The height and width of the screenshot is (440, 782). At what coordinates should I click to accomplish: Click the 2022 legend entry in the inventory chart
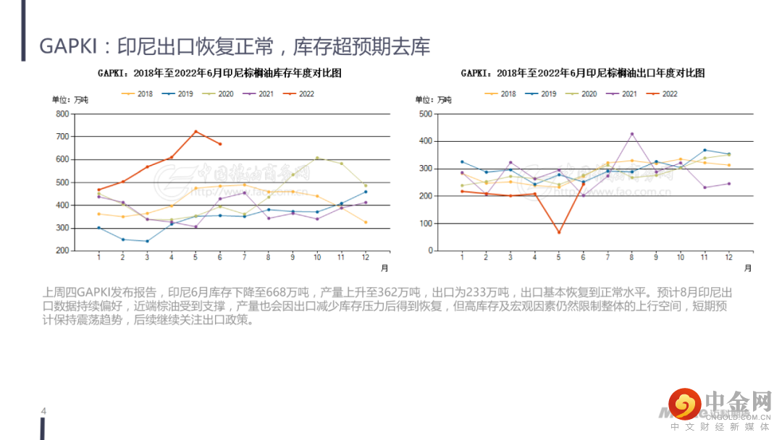point(299,94)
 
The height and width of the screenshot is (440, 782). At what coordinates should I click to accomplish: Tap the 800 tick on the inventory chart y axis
point(62,114)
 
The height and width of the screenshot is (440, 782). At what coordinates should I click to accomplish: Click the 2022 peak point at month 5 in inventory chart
point(195,132)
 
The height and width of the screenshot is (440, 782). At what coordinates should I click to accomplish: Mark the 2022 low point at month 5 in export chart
point(559,232)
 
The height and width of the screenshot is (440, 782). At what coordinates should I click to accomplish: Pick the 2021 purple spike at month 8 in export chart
point(631,134)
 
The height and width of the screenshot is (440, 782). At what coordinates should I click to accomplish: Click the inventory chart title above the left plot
point(219,73)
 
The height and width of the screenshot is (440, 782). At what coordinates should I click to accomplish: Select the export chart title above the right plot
point(583,73)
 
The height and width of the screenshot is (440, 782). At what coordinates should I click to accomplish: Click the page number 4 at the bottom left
point(43,412)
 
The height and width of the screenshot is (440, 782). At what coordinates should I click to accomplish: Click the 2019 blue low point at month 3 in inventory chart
point(147,241)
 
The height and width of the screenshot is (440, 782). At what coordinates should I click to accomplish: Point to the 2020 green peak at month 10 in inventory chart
point(317,158)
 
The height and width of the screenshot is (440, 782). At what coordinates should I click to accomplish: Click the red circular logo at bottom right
point(684,405)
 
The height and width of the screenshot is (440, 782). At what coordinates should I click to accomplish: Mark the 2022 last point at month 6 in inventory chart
point(220,144)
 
